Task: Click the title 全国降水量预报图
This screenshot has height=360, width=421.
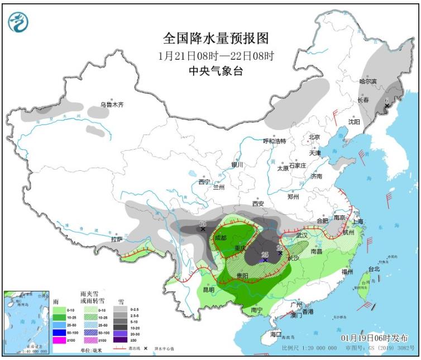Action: pos(216,38)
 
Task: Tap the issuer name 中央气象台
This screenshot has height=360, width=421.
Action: pos(216,71)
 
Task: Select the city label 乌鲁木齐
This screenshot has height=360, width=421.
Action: pos(111,104)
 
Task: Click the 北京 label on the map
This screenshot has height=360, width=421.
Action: pos(314,137)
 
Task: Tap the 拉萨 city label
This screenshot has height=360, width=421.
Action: pos(116,239)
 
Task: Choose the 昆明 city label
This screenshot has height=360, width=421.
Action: pos(208,290)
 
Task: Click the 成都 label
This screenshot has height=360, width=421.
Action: pos(221,238)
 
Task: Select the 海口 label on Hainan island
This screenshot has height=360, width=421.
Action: pos(276,334)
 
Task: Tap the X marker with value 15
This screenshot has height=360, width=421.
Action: pos(203,229)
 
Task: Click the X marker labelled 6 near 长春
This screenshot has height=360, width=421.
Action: pos(386,105)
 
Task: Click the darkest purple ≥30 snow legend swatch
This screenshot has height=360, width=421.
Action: pos(120,339)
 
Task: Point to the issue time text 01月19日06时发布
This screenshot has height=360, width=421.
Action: pos(374,338)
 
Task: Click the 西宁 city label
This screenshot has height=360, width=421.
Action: pos(204,181)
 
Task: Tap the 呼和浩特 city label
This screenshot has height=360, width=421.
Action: pos(274,141)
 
